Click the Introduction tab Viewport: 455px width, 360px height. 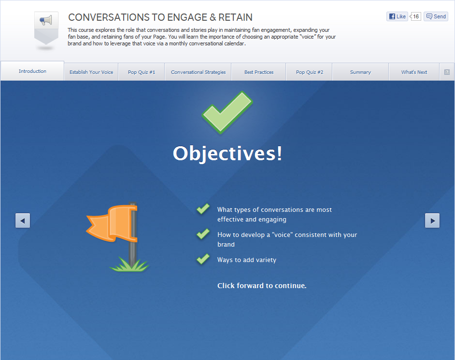click(x=32, y=71)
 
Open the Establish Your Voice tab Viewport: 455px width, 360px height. click(x=91, y=72)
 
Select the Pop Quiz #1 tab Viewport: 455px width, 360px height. click(x=142, y=72)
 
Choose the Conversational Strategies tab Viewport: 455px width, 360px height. click(x=198, y=72)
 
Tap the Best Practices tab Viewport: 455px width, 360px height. click(x=259, y=72)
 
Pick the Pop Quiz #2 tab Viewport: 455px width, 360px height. click(x=309, y=72)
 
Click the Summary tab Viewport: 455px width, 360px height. click(x=360, y=72)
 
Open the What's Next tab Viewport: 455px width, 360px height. click(x=414, y=72)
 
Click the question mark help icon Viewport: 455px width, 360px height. click(x=447, y=72)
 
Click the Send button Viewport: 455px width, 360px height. click(x=436, y=16)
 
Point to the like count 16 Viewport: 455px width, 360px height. click(x=415, y=16)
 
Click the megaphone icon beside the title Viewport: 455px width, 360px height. click(x=46, y=21)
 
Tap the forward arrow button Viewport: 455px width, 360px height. click(x=432, y=221)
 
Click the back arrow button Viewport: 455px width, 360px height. click(x=23, y=221)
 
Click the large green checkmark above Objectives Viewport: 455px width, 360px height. click(x=227, y=112)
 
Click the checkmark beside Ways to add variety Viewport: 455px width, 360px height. click(x=203, y=259)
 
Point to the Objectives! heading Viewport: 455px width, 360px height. click(x=227, y=153)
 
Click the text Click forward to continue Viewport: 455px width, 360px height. click(x=262, y=286)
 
